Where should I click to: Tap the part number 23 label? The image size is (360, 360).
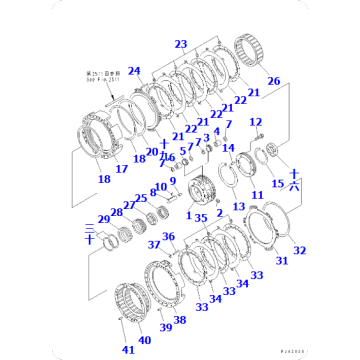pos(180,44)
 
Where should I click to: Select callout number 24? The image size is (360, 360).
pos(134,70)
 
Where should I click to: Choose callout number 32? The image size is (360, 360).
pos(300,250)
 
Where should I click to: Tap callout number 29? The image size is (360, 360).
pos(103,219)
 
